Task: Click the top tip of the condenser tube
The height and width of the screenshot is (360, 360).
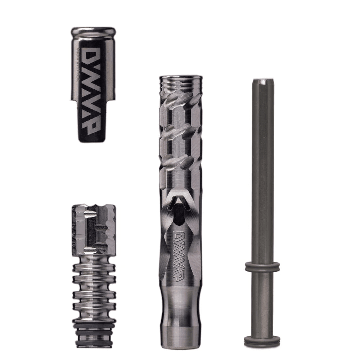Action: pyautogui.click(x=262, y=81)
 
